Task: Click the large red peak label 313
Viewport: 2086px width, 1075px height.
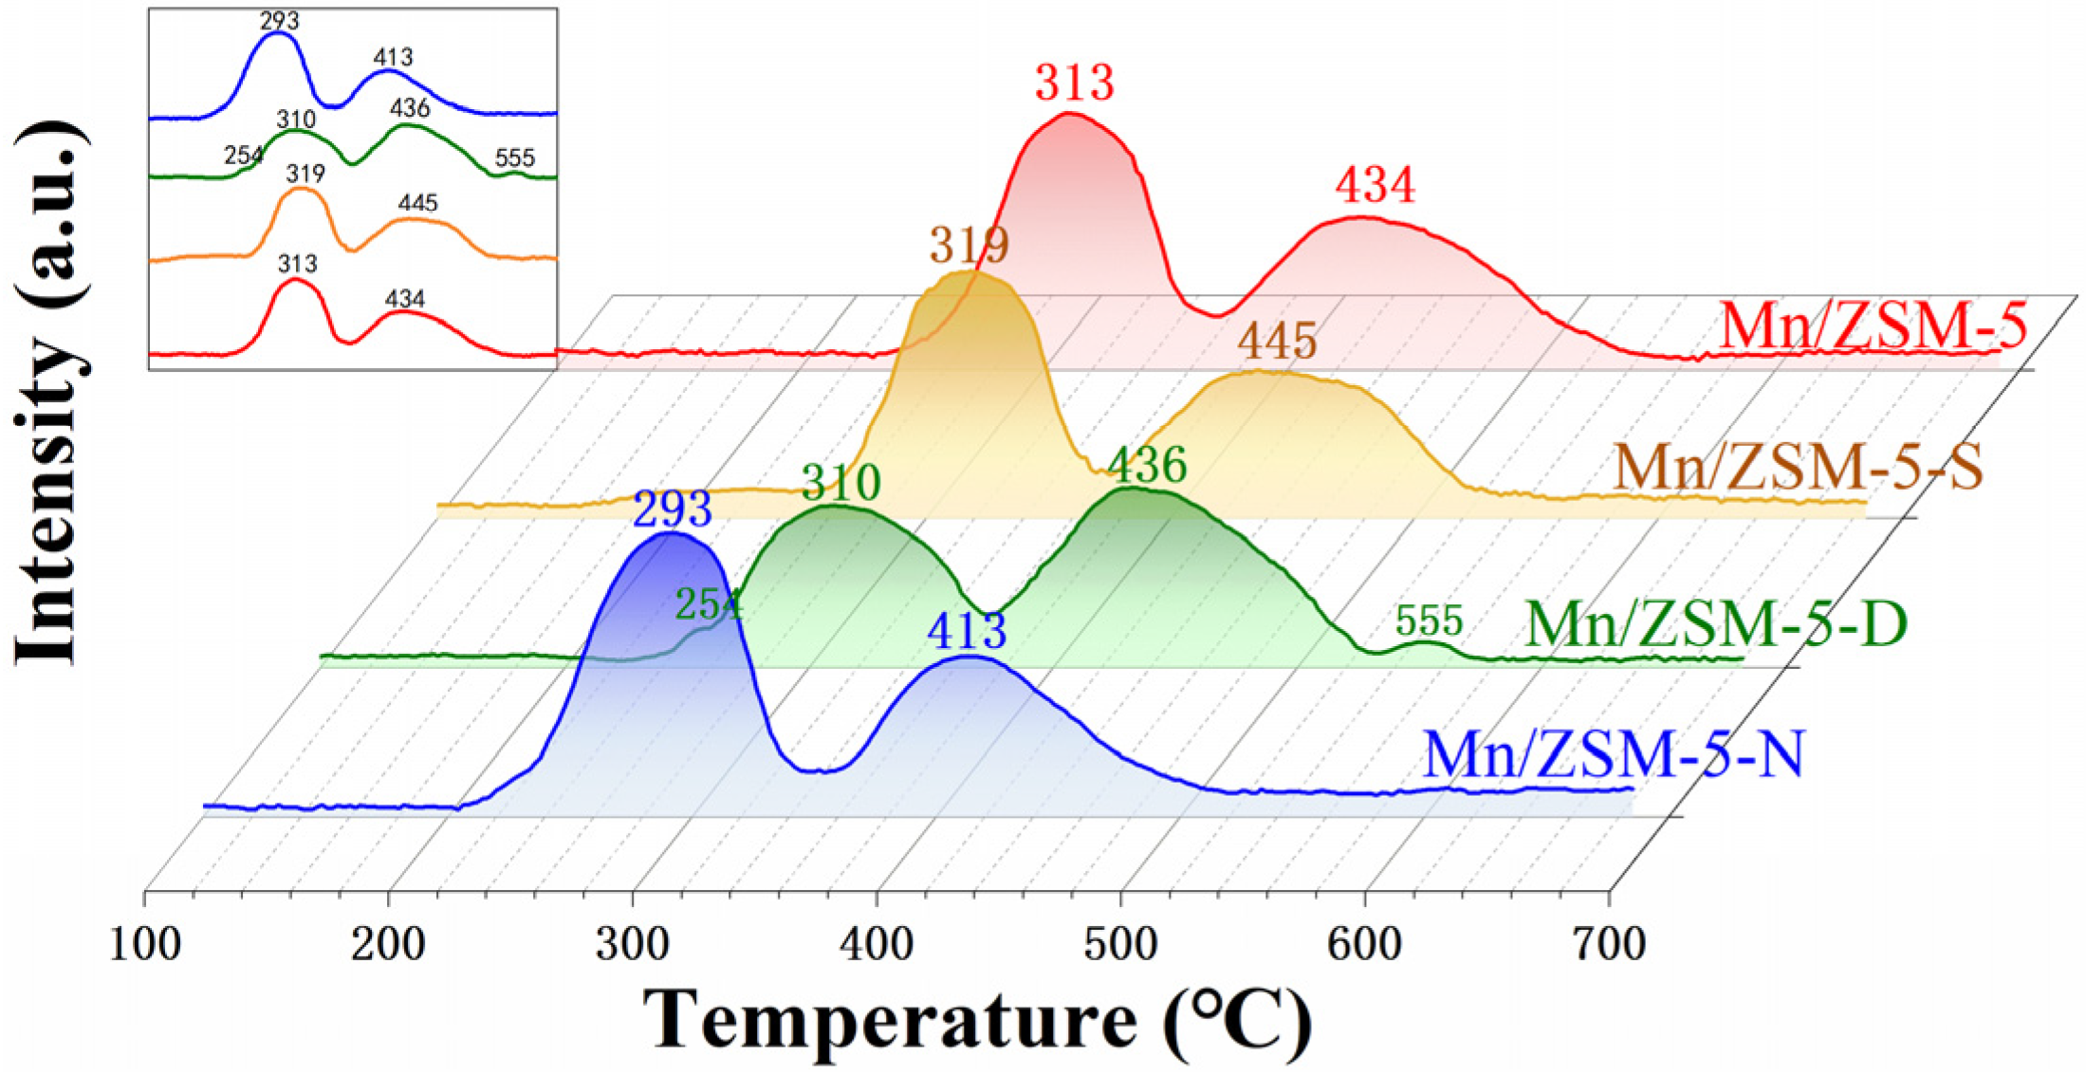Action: (x=1074, y=83)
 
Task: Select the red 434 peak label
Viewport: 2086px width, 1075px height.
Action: (x=1375, y=185)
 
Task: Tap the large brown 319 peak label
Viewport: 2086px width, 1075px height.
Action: (x=969, y=246)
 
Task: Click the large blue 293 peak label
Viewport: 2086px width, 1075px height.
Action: (x=672, y=510)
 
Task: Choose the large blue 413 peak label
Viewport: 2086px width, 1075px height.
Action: (x=966, y=632)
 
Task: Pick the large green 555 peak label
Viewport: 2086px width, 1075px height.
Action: (x=1429, y=621)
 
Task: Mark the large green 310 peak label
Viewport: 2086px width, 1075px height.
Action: (x=840, y=483)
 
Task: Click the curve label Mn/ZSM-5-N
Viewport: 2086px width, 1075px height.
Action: (x=1613, y=755)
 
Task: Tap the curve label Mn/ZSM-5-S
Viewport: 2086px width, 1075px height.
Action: (x=1799, y=468)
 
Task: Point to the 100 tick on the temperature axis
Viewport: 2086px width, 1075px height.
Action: (x=145, y=946)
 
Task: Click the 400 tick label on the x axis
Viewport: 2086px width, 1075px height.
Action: (x=877, y=946)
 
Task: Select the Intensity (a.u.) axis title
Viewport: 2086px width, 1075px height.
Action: (x=49, y=394)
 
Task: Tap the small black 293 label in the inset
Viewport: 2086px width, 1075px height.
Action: (x=279, y=20)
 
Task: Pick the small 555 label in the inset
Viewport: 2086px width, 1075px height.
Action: (x=514, y=158)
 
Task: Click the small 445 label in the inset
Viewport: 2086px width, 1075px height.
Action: (x=417, y=203)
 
